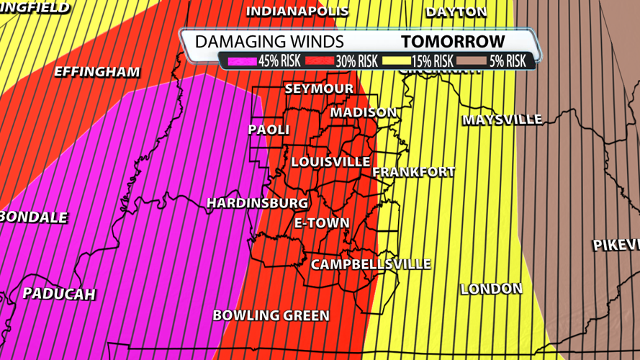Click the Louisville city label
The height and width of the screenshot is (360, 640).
[x=330, y=162]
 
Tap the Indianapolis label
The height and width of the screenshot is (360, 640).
[x=297, y=12]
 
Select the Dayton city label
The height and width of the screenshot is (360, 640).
[x=456, y=12]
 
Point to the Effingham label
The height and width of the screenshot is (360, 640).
[x=96, y=73]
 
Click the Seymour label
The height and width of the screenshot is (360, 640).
[x=319, y=89]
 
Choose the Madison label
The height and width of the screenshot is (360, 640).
[x=364, y=113]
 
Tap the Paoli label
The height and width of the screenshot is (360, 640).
[x=269, y=130]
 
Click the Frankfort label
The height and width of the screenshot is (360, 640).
[x=413, y=172]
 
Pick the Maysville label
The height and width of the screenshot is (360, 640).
[x=502, y=120]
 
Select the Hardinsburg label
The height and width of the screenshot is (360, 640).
[x=257, y=204]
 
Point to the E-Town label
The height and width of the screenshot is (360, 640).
[x=322, y=223]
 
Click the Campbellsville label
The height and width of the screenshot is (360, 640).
[x=371, y=265]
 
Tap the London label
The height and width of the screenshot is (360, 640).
[x=491, y=289]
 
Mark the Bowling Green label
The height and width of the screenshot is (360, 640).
[x=271, y=315]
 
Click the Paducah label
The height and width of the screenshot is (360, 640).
[x=59, y=294]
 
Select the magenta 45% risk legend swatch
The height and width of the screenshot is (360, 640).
[x=243, y=61]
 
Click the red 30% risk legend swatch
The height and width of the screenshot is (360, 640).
[x=320, y=61]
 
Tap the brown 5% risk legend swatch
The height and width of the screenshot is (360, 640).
[x=472, y=61]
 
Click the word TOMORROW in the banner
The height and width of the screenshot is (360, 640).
[x=454, y=42]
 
